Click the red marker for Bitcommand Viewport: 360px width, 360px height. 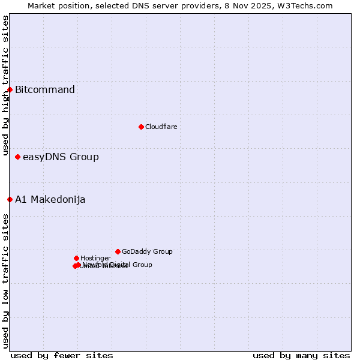point(10,89)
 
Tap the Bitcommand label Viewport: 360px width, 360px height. point(45,90)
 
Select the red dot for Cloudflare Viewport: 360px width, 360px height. point(141,127)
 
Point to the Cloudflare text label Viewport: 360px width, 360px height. point(161,127)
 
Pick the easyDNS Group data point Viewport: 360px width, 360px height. point(17,157)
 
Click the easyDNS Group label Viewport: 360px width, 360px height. point(61,157)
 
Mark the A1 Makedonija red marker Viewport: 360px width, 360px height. point(10,199)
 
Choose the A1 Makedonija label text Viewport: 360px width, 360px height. point(50,200)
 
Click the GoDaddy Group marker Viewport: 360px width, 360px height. point(118,251)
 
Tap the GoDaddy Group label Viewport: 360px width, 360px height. point(147,251)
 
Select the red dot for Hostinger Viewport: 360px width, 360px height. point(76,258)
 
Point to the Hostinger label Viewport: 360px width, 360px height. point(95,258)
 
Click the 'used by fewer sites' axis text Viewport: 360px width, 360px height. point(62,355)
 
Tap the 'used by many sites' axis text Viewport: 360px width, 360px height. point(301,355)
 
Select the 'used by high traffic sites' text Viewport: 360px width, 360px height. point(5,86)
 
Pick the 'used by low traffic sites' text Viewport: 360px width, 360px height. point(5,281)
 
